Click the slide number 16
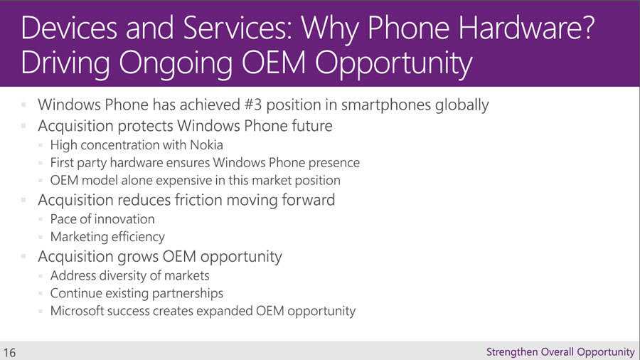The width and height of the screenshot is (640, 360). click(9, 353)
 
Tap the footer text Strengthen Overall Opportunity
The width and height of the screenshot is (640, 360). click(560, 352)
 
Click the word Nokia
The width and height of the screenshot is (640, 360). click(206, 145)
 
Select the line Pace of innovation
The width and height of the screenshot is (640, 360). click(102, 219)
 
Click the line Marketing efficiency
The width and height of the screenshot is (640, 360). click(107, 237)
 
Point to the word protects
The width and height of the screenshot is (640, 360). click(145, 127)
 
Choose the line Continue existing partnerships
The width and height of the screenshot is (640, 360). click(137, 293)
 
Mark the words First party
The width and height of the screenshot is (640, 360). click(78, 163)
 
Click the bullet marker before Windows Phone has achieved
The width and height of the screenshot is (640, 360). click(23, 105)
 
